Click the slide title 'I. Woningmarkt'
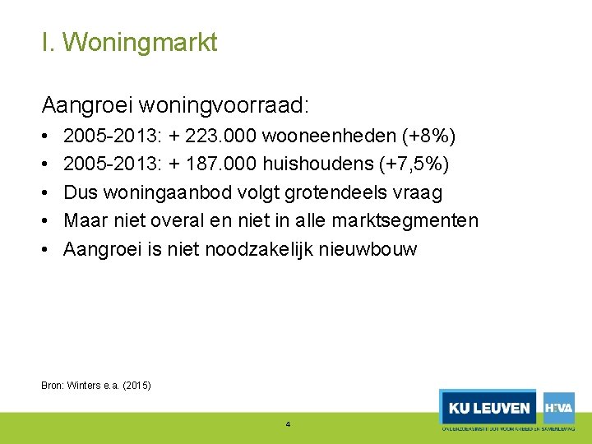click(129, 42)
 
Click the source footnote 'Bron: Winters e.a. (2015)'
click(96, 385)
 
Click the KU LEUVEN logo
click(488, 408)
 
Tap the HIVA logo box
click(558, 407)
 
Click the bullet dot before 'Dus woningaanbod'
click(45, 192)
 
